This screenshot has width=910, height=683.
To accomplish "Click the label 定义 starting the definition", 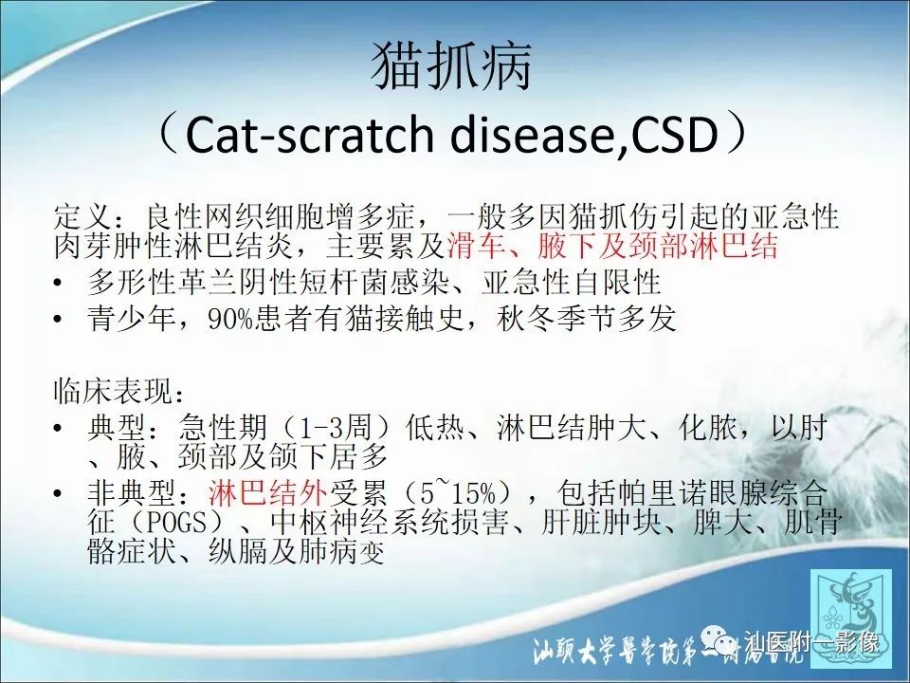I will point(77,215).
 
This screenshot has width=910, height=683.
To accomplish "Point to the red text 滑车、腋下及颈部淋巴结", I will point(612,247).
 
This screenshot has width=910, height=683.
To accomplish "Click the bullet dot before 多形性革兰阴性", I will point(62,283).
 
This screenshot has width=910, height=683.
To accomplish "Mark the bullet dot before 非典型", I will point(62,493).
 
